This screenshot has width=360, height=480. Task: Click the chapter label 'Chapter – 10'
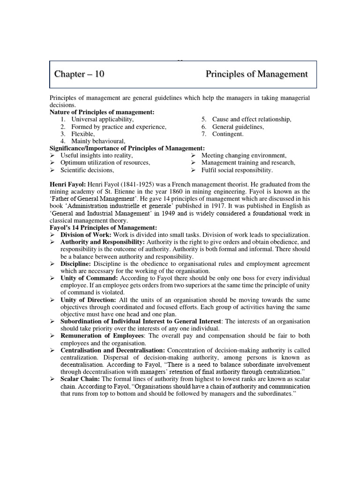[79, 74]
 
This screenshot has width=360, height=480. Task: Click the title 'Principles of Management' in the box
[256, 74]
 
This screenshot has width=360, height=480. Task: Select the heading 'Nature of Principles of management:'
[102, 112]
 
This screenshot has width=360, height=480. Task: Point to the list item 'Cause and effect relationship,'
[251, 120]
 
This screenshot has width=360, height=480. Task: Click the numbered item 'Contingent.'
[228, 134]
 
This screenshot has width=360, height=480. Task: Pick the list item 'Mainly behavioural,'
[98, 141]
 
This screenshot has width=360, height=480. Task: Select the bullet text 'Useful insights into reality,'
[97, 156]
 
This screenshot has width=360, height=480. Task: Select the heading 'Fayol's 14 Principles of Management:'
[103, 228]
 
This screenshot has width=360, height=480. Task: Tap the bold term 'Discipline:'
[76, 264]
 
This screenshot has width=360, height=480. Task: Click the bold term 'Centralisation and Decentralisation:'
[112, 351]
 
